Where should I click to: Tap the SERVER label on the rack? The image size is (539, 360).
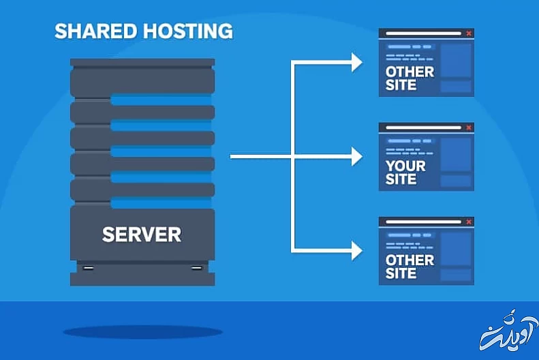click(142, 235)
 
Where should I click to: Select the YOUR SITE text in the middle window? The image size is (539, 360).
click(405, 172)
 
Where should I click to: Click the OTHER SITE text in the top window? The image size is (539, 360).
click(410, 78)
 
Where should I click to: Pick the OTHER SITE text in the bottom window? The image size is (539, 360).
click(410, 267)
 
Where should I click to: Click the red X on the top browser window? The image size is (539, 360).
click(468, 33)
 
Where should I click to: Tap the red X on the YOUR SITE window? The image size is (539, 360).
click(468, 127)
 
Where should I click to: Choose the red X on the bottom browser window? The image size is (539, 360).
click(468, 222)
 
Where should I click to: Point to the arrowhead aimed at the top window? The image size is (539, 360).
click(356, 63)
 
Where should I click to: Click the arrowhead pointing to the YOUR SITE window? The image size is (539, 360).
click(356, 157)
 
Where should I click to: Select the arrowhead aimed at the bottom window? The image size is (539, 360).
click(356, 251)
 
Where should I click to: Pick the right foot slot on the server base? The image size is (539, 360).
click(196, 267)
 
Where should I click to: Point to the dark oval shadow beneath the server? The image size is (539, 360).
click(143, 333)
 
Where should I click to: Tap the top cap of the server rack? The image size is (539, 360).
click(142, 63)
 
